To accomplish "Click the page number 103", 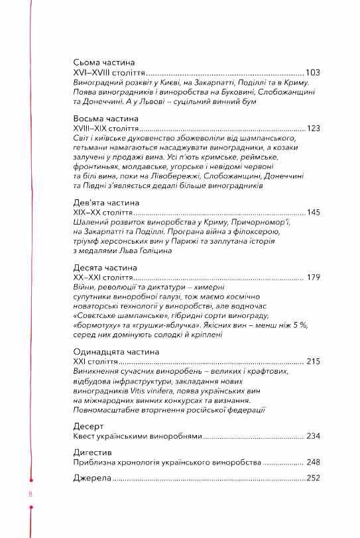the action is coord(313,72).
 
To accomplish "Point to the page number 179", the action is coord(313,277).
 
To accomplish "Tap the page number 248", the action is coord(313,461).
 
